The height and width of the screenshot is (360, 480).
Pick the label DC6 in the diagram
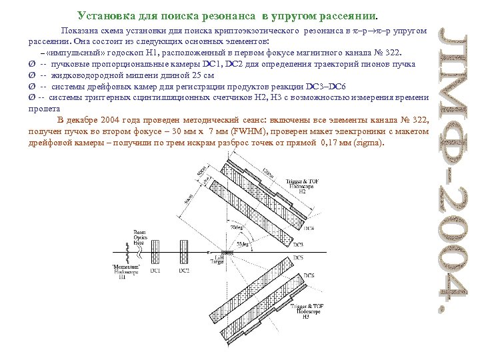click(x=309, y=275)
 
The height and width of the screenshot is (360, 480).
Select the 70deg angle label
click(x=235, y=227)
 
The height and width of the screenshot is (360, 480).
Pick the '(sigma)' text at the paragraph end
click(x=370, y=143)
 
